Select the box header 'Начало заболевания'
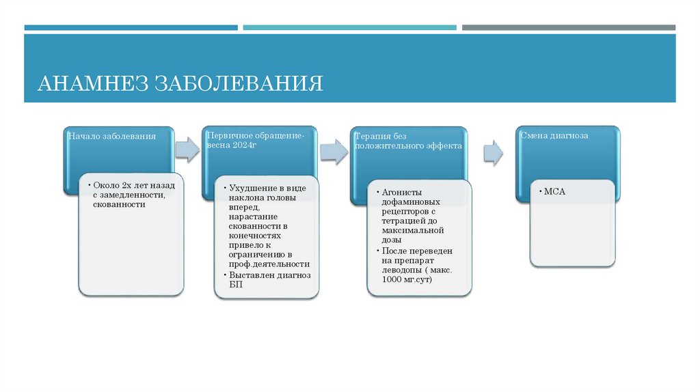111,136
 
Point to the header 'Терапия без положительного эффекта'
408,141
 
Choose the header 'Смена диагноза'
554,135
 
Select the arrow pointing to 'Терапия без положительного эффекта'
334,151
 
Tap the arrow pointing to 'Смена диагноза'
493,152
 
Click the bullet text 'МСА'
554,193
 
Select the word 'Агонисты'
402,193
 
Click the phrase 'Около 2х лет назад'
135,185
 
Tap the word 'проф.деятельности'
269,264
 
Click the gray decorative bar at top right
568,27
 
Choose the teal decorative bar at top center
349,27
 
